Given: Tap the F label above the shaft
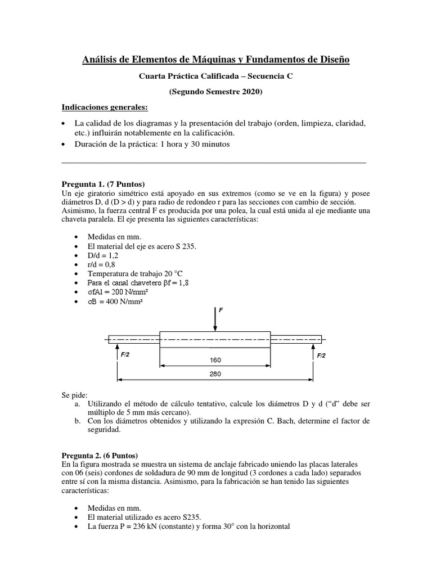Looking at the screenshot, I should (221, 310).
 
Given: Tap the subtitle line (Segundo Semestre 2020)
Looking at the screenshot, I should (216, 91).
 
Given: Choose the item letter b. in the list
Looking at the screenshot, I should (77, 421).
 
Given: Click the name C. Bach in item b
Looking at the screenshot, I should (289, 421).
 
